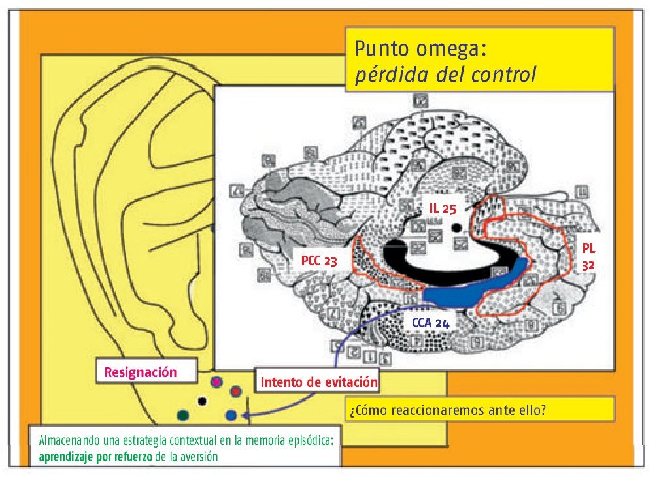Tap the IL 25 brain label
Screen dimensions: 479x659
[443, 208]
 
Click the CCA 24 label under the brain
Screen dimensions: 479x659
[430, 323]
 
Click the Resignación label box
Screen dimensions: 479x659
[146, 372]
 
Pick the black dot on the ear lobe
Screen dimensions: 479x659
[202, 400]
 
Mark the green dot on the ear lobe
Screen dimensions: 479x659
[184, 415]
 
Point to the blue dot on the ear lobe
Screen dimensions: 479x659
[230, 415]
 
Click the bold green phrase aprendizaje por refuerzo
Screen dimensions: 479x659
[96, 457]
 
